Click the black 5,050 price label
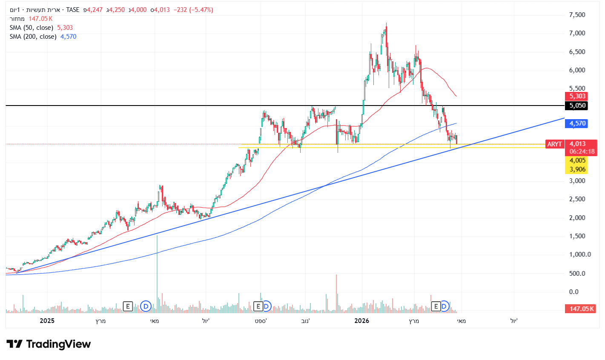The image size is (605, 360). coord(577,106)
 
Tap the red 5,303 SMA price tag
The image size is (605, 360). coord(577,96)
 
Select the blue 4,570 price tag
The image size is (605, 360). coord(577,123)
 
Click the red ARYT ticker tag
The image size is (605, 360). coord(554,144)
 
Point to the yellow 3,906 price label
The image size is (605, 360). coord(577,169)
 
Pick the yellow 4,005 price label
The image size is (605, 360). coord(577,160)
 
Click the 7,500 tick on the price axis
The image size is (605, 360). coord(577,15)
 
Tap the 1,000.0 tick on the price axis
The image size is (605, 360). coord(579,254)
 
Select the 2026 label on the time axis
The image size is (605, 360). coord(361,321)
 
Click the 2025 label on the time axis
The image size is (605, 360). coord(47,321)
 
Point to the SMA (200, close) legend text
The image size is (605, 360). coord(33,37)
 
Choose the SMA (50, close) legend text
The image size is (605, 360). coord(32,28)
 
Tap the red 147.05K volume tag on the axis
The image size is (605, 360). coord(582,309)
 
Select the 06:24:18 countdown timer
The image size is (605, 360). coord(582,151)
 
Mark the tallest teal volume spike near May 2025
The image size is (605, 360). coord(157,272)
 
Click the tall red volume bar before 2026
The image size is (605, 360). coord(336,294)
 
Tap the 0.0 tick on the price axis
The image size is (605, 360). coord(574,291)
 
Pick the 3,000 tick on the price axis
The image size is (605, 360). coord(577,180)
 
